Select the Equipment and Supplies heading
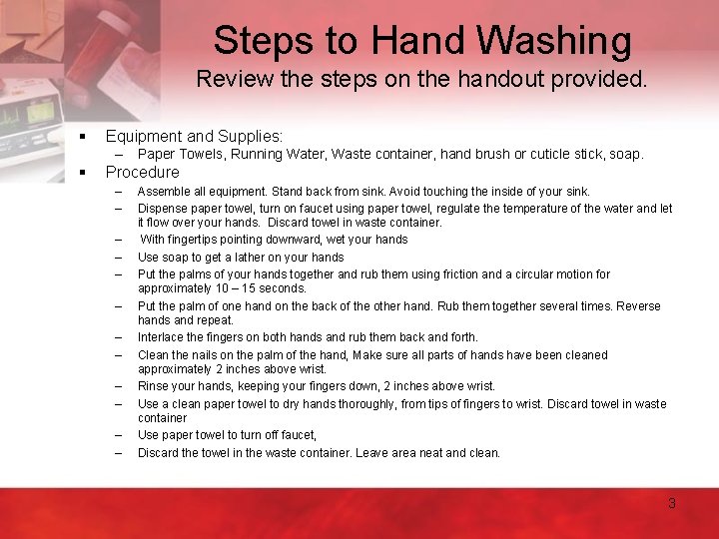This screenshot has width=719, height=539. click(194, 135)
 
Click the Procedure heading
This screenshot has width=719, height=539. click(142, 172)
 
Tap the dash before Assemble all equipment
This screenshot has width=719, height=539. click(118, 192)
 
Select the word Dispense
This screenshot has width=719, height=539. click(163, 209)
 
